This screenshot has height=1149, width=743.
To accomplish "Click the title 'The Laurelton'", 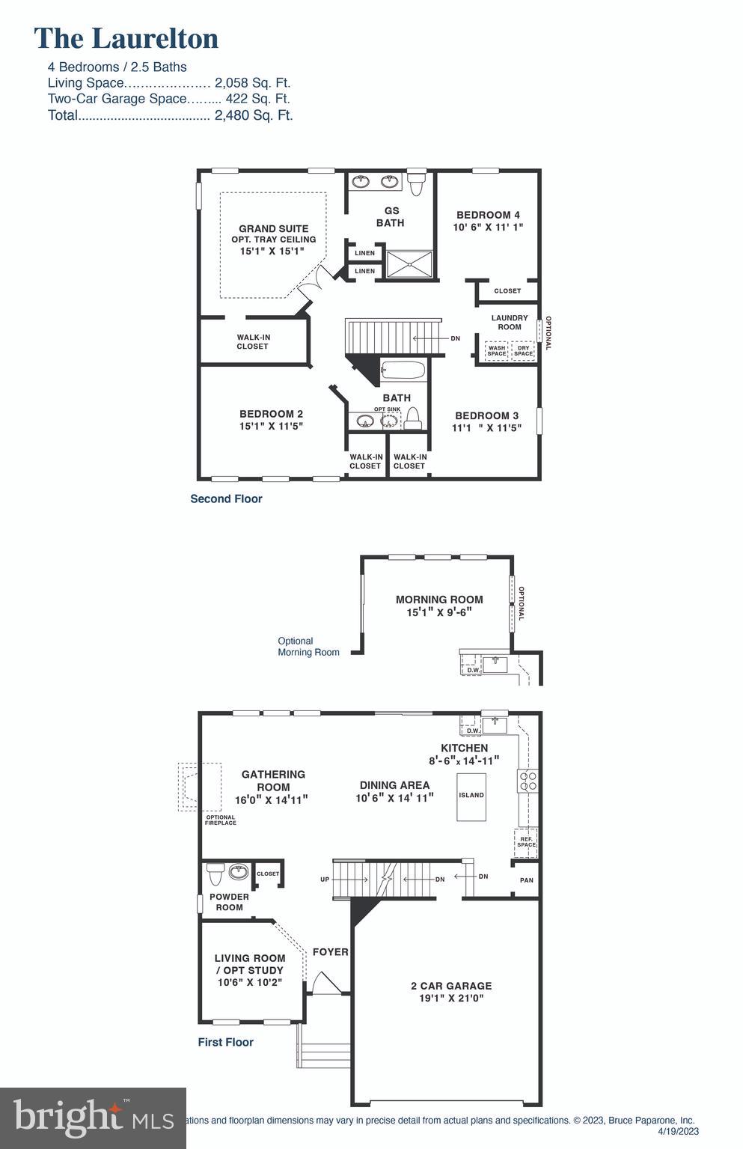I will click(126, 38).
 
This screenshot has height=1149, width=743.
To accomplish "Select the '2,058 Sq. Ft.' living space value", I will click(252, 83).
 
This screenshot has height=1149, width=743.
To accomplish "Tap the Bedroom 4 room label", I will click(488, 215).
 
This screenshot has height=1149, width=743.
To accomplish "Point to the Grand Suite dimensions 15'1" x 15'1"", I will click(272, 252).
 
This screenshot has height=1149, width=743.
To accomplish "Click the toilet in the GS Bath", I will click(416, 183).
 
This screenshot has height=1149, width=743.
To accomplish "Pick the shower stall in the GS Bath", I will click(409, 263).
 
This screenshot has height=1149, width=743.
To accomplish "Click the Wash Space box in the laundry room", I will click(497, 350).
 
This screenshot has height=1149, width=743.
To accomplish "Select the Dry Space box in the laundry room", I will click(523, 350).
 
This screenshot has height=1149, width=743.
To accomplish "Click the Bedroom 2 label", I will click(271, 414).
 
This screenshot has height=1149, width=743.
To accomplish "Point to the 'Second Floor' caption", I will click(226, 499).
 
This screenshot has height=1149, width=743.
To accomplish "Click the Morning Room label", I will click(439, 600).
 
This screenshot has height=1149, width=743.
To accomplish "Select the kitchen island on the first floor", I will click(471, 795).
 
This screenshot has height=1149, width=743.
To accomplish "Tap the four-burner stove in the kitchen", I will click(528, 781).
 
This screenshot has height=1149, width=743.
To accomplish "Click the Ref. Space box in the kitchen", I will click(526, 842).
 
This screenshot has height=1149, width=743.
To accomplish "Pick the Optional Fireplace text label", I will click(221, 820).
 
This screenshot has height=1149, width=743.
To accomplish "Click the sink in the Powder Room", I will click(239, 871).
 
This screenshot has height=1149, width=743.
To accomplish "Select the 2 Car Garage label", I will click(451, 986).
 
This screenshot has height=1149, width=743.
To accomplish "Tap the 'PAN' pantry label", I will click(527, 880).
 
